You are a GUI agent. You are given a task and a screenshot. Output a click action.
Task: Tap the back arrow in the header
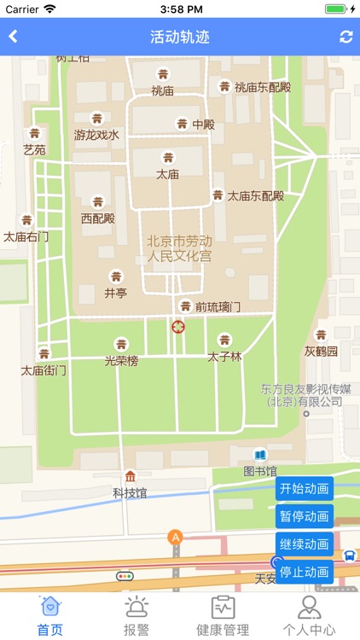click(14, 37)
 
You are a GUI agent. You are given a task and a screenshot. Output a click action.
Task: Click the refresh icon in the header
click(345, 37)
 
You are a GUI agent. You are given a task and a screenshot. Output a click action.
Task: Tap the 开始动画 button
click(305, 489)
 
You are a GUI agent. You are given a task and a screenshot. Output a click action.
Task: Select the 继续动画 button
click(305, 544)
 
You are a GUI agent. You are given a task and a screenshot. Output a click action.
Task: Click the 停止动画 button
click(305, 572)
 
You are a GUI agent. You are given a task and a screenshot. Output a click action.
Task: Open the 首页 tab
click(50, 616)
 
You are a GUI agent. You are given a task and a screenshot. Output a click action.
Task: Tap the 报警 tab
click(136, 616)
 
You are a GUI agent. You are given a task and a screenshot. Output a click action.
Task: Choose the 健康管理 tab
click(223, 616)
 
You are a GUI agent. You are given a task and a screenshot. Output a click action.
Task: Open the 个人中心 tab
click(309, 616)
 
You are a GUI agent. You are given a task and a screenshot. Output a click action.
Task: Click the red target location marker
click(178, 326)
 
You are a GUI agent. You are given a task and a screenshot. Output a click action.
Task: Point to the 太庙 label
click(167, 174)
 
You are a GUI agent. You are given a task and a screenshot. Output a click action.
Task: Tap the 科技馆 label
click(130, 492)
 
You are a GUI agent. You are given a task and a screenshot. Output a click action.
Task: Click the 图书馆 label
click(260, 470)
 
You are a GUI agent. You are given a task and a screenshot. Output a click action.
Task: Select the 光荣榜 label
click(121, 361)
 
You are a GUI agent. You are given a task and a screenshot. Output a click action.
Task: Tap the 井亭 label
click(115, 292)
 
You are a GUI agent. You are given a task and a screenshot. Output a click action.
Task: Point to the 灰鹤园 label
click(321, 351)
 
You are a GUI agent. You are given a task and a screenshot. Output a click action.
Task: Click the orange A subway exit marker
click(176, 538)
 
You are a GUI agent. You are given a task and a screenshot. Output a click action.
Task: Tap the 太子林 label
click(224, 356)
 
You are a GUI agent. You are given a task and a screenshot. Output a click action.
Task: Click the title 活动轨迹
click(179, 37)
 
